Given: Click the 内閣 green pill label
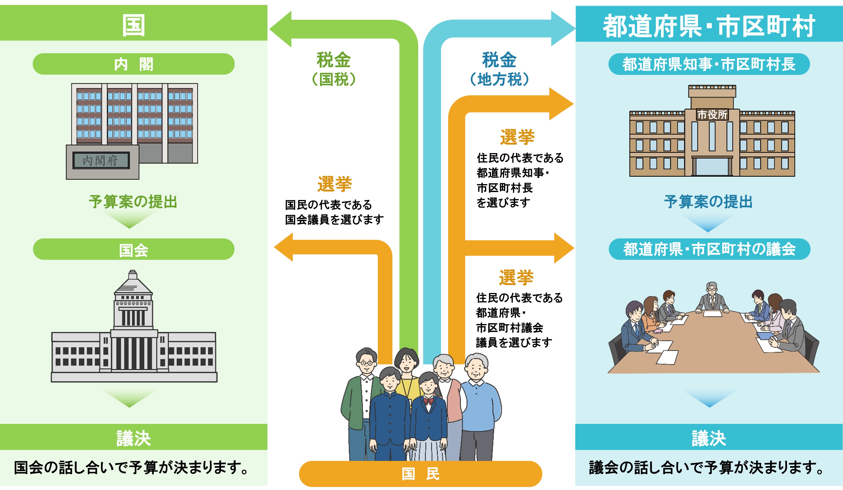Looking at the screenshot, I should tap(133, 64).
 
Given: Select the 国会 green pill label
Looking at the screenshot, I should tap(133, 249).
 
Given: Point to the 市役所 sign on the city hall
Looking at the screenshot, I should tap(712, 115).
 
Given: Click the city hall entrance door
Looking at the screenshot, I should tap(712, 167).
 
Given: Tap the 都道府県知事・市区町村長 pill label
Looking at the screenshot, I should tap(709, 64).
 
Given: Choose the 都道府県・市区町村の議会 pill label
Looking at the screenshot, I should tap(709, 249).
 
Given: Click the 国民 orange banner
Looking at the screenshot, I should tap(420, 474).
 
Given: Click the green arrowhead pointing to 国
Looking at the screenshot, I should tap(281, 29).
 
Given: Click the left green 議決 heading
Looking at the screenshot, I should tap(133, 438).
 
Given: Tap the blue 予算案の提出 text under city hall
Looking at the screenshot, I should tap(708, 202).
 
